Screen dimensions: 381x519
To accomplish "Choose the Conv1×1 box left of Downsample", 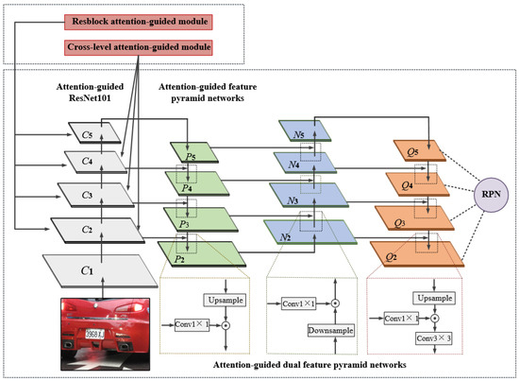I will pyautogui.click(x=304, y=303).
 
